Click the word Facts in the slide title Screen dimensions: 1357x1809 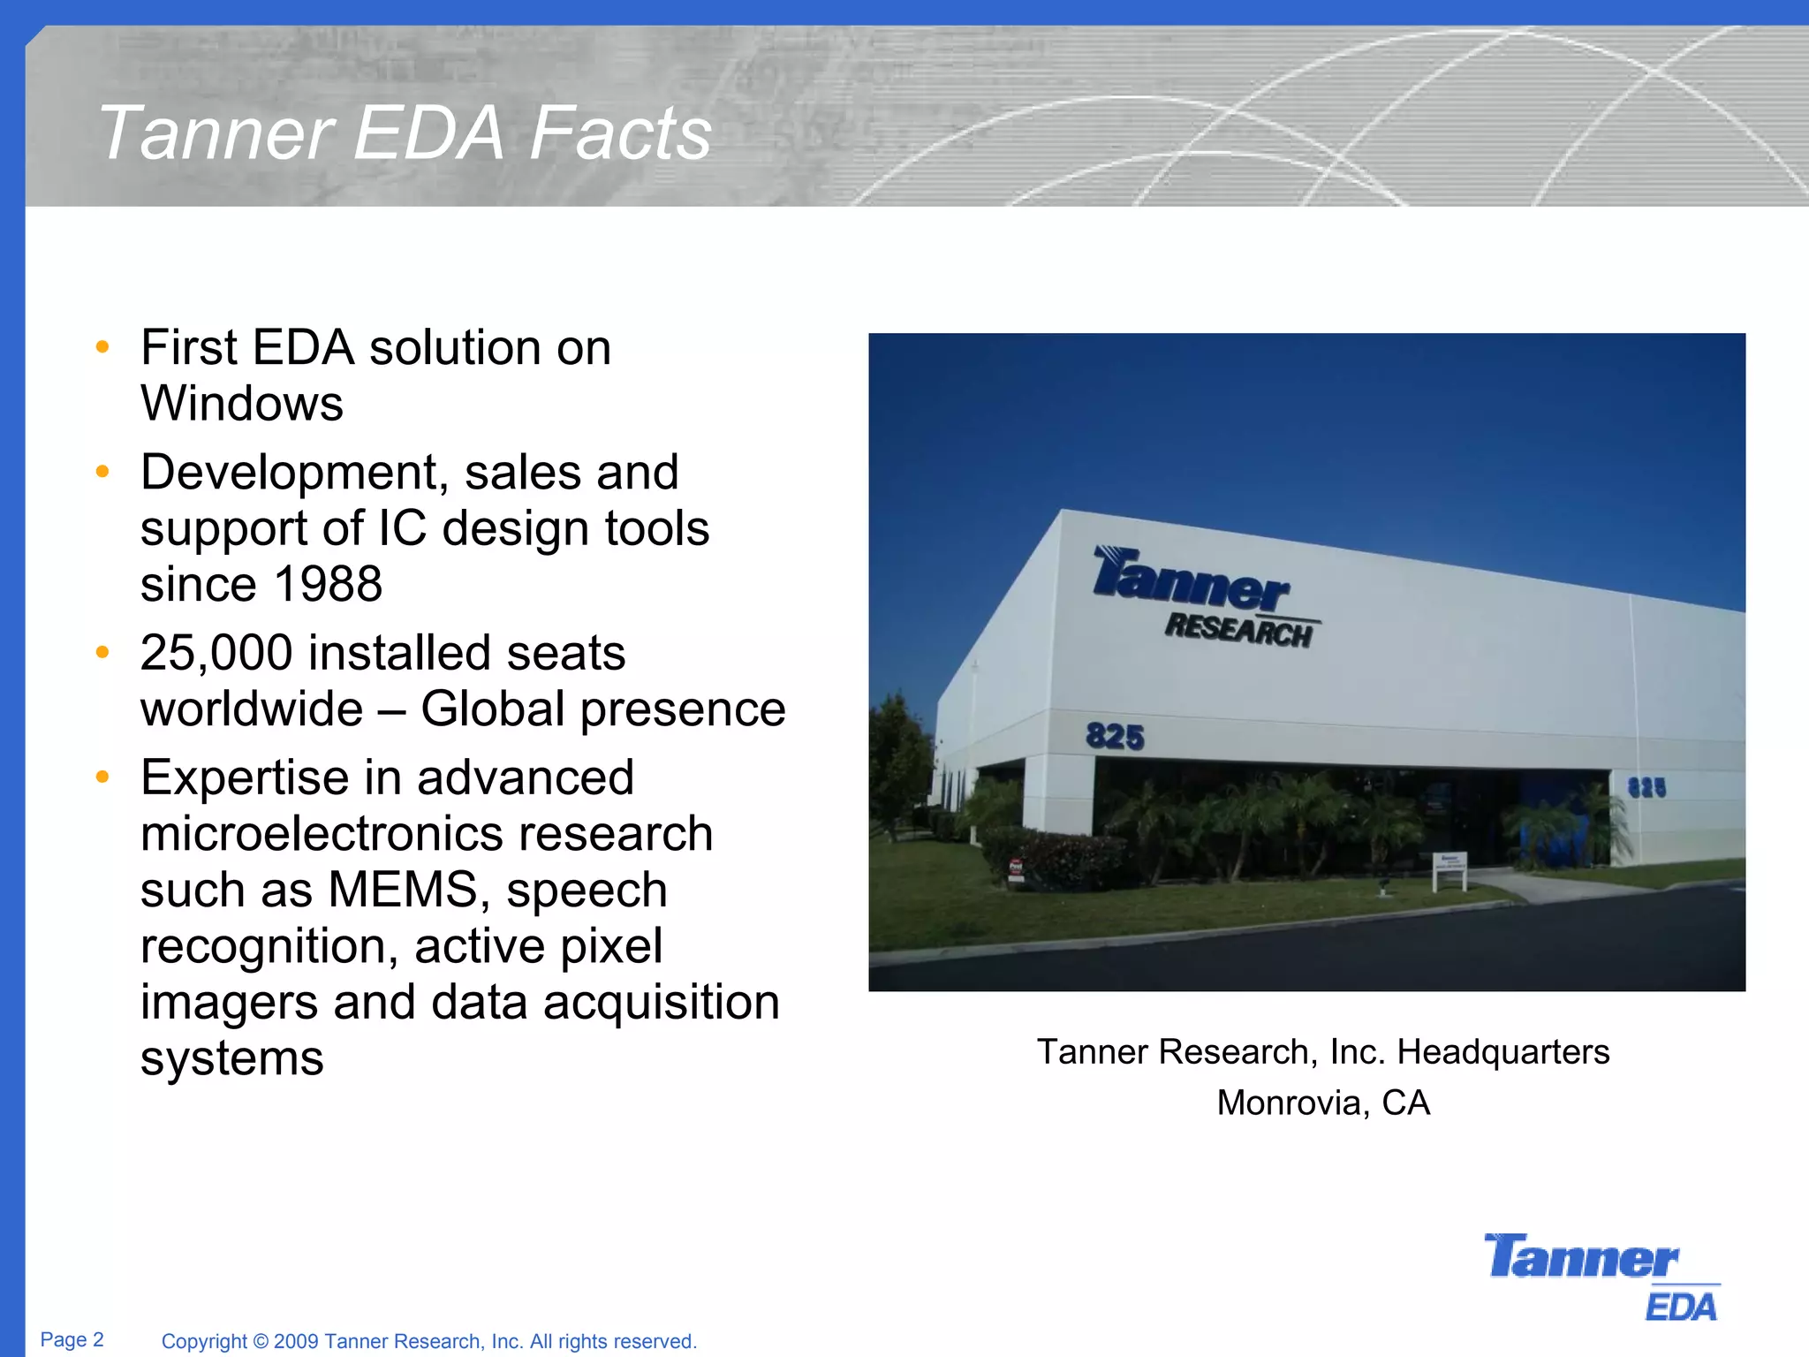click(x=620, y=134)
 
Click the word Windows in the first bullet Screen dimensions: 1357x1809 click(x=241, y=404)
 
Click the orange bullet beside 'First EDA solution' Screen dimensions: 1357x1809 click(x=102, y=347)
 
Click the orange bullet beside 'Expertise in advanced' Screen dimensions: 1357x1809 click(x=102, y=777)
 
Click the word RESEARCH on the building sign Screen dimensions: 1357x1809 click(x=1238, y=630)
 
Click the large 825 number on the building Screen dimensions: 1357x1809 click(x=1115, y=736)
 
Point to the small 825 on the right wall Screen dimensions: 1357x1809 click(x=1646, y=787)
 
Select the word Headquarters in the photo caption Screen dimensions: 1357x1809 click(x=1502, y=1052)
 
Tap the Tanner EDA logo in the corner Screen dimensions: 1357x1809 click(x=1601, y=1277)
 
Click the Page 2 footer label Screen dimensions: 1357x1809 click(x=72, y=1339)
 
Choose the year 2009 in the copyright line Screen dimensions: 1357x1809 click(x=296, y=1341)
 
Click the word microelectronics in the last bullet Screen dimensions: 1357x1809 click(x=426, y=834)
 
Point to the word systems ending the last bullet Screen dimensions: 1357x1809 click(x=231, y=1058)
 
